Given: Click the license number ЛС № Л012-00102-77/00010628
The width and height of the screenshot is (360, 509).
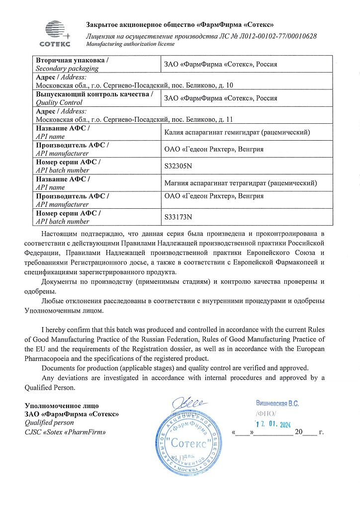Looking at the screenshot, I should (x=262, y=36).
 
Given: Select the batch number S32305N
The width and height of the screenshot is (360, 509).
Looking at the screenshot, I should (x=178, y=166).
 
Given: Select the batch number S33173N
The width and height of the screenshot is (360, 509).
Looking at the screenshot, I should (x=178, y=217).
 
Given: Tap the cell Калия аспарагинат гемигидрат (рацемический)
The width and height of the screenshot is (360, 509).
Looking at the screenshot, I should (x=237, y=132).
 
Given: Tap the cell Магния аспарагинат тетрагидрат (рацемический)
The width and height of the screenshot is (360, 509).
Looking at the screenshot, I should (x=240, y=183).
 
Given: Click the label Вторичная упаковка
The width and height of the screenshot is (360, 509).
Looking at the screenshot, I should (x=72, y=60).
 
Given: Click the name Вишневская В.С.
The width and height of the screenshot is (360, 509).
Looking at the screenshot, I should (x=277, y=404).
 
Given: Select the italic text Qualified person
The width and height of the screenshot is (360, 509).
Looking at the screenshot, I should (x=49, y=423).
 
